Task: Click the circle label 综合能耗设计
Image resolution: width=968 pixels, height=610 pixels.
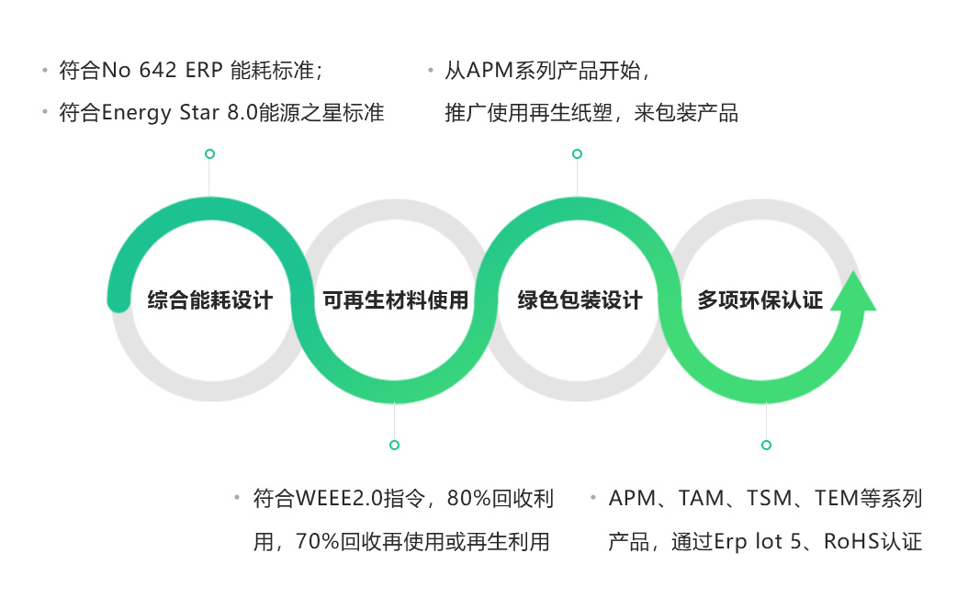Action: pos(210,300)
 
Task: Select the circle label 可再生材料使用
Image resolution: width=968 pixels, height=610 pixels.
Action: pos(395,300)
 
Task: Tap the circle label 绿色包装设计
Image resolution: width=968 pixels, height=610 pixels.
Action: pos(580,300)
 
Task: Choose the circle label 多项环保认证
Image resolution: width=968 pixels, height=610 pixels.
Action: pos(760,300)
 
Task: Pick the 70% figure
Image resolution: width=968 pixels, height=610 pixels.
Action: pos(317,542)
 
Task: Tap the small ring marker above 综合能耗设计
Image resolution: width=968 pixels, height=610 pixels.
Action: pos(209,153)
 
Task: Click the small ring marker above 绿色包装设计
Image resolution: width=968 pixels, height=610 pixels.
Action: pos(577,153)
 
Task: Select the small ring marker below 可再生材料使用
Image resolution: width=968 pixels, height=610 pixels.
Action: pos(394,445)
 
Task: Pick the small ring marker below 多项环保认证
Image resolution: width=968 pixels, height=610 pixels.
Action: pos(766,445)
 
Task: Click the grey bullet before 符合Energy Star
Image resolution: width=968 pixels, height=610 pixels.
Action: pos(44,112)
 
